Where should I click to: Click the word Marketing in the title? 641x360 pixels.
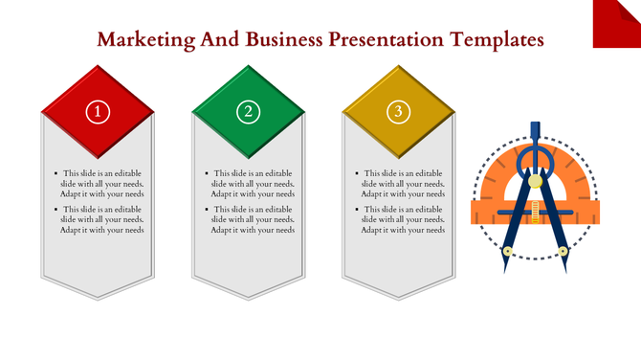(144, 40)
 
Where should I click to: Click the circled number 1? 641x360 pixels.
(98, 112)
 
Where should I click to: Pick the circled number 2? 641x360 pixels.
(249, 112)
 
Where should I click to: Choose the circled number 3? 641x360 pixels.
(398, 112)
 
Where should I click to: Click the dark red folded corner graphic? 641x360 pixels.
(618, 23)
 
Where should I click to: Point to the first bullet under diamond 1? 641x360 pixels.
(101, 184)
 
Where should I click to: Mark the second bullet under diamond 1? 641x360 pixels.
(101, 219)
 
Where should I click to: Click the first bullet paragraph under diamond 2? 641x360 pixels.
(253, 184)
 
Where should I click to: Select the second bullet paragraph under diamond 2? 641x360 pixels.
(253, 219)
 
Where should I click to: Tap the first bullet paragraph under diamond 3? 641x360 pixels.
(403, 184)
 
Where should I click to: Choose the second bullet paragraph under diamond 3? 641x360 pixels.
(403, 219)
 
